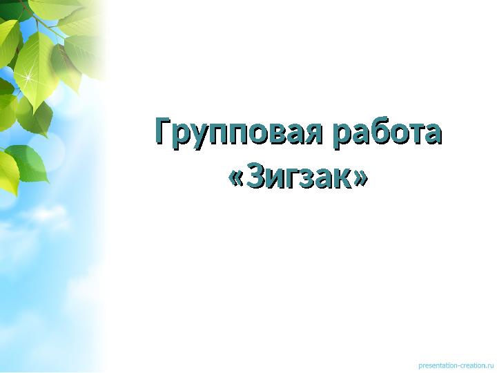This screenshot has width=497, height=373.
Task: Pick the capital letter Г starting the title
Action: tap(163, 131)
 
